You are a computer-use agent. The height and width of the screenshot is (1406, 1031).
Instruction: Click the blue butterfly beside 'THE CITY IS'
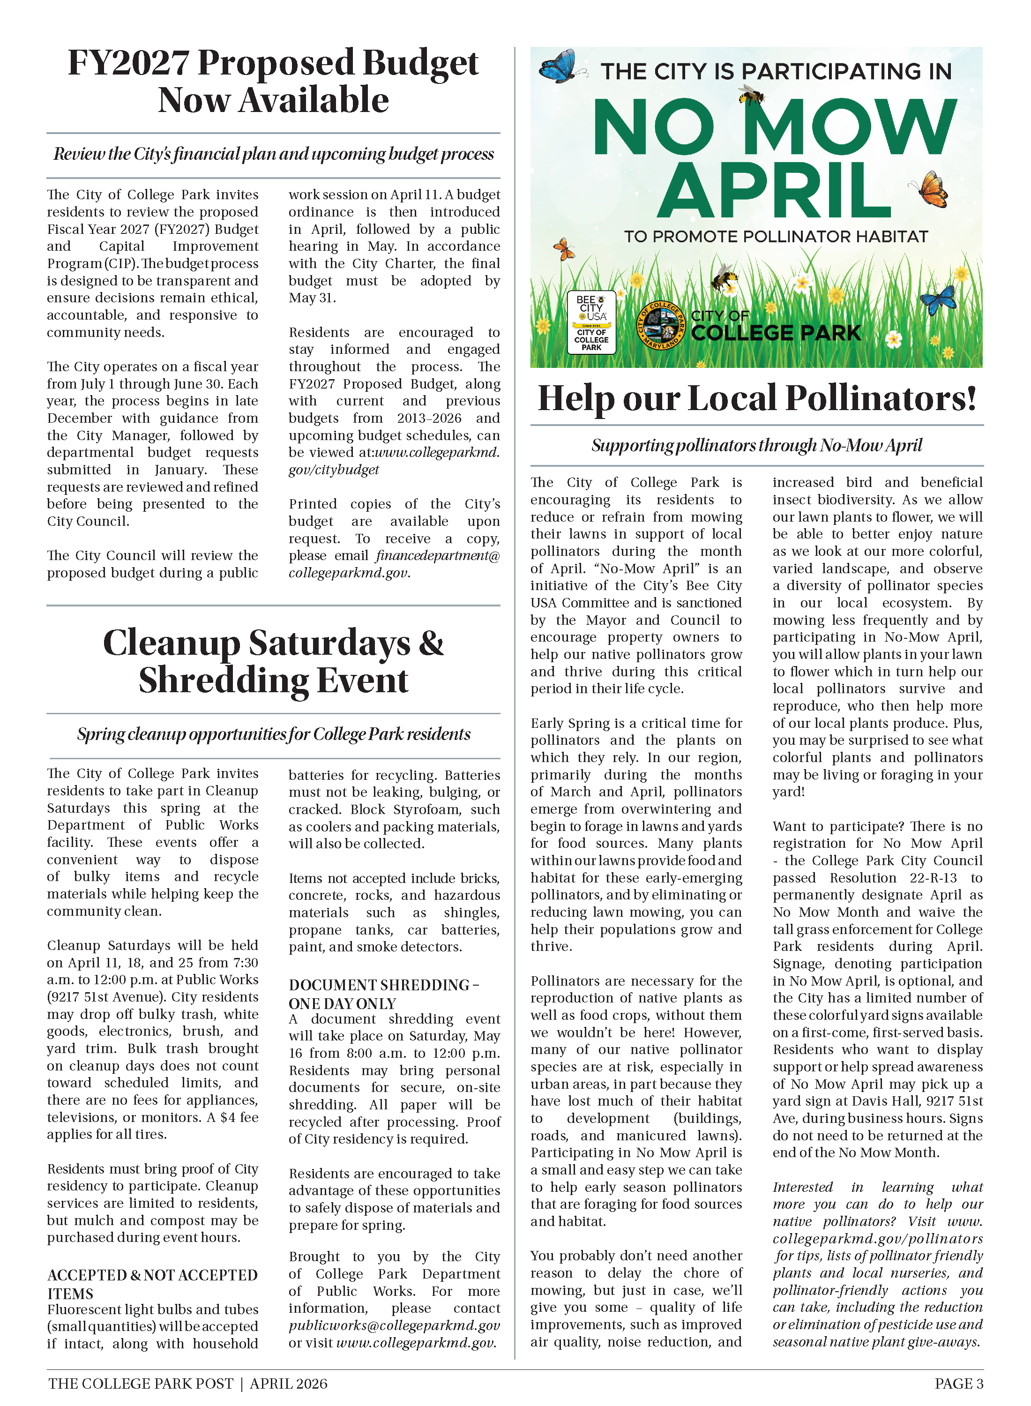pyautogui.click(x=559, y=66)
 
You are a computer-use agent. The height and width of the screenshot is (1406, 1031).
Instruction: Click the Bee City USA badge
pyautogui.click(x=591, y=322)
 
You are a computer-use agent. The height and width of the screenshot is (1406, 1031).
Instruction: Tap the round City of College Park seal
pyautogui.click(x=662, y=325)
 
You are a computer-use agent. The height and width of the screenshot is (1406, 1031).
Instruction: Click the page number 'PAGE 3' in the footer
pyautogui.click(x=959, y=1384)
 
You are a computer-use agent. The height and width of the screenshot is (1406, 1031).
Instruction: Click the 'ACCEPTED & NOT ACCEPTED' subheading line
pyautogui.click(x=152, y=1275)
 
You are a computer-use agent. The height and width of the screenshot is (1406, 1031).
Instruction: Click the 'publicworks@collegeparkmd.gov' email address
pyautogui.click(x=394, y=1325)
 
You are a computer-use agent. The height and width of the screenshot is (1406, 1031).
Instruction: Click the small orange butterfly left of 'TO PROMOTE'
pyautogui.click(x=564, y=249)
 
